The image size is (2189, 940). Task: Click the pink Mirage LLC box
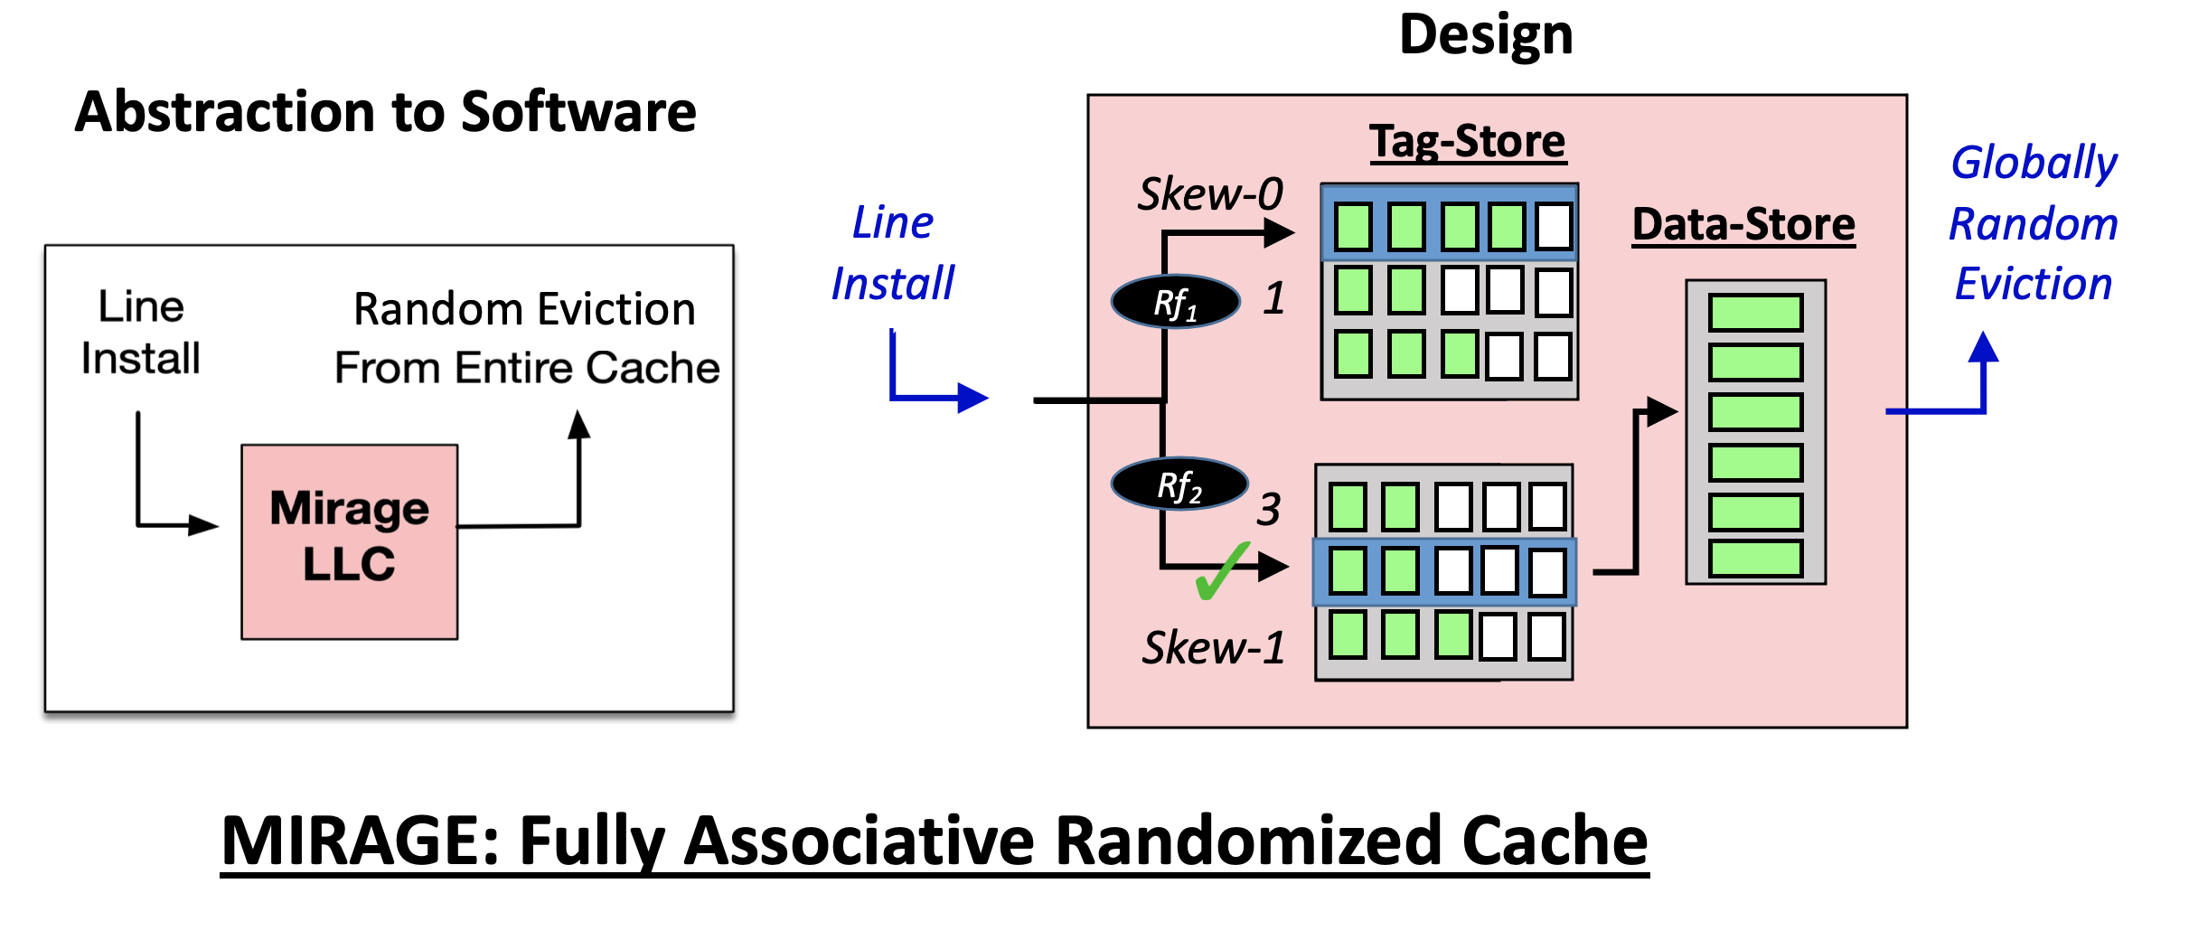coord(349,541)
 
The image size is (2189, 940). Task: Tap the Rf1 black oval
coord(1175,302)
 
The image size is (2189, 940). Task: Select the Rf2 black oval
coord(1179,484)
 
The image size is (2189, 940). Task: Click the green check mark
coord(1222,571)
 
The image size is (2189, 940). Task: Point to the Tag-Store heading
coord(1468,142)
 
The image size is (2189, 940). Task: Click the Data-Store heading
coord(1743,224)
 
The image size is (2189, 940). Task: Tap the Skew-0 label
coord(1210,193)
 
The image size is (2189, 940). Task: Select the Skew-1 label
coord(1214,647)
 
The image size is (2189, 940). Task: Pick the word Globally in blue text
coord(2034,164)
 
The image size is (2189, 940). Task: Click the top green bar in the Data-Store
coord(1755,313)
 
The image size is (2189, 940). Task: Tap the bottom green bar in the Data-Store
coord(1755,559)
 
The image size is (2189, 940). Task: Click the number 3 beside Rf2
coord(1269,510)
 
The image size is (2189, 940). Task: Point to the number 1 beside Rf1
coord(1274,298)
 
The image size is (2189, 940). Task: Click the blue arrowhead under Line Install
coord(973,398)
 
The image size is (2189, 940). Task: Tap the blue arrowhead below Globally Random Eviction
coord(1983,347)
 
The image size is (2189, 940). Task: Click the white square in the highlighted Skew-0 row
coord(1554,226)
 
